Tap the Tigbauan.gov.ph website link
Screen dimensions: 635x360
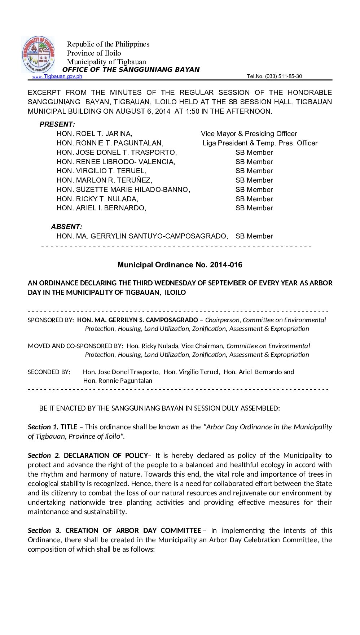coord(63,76)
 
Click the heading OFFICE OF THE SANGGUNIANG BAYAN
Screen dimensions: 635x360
coord(131,70)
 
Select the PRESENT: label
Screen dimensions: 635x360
coord(57,124)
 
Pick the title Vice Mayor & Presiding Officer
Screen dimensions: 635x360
coord(249,134)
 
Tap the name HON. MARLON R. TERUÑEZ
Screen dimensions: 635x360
coord(104,180)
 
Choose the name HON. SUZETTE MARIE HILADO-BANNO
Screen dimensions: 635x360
coord(123,189)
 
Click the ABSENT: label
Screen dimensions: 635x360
coord(66,227)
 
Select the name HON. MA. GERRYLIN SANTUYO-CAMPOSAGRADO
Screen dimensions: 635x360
coord(142,236)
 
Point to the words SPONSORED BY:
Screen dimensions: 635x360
coord(51,320)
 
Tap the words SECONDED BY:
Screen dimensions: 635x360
coord(49,372)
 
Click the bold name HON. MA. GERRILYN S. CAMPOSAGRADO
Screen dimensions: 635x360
coord(137,320)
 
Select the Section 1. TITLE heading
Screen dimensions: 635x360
coord(53,427)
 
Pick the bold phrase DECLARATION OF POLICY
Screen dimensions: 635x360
coord(106,455)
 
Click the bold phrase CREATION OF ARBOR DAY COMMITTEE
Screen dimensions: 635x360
coord(133,530)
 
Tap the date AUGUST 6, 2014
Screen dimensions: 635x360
coord(143,111)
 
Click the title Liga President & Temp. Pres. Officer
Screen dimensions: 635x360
coord(260,143)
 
